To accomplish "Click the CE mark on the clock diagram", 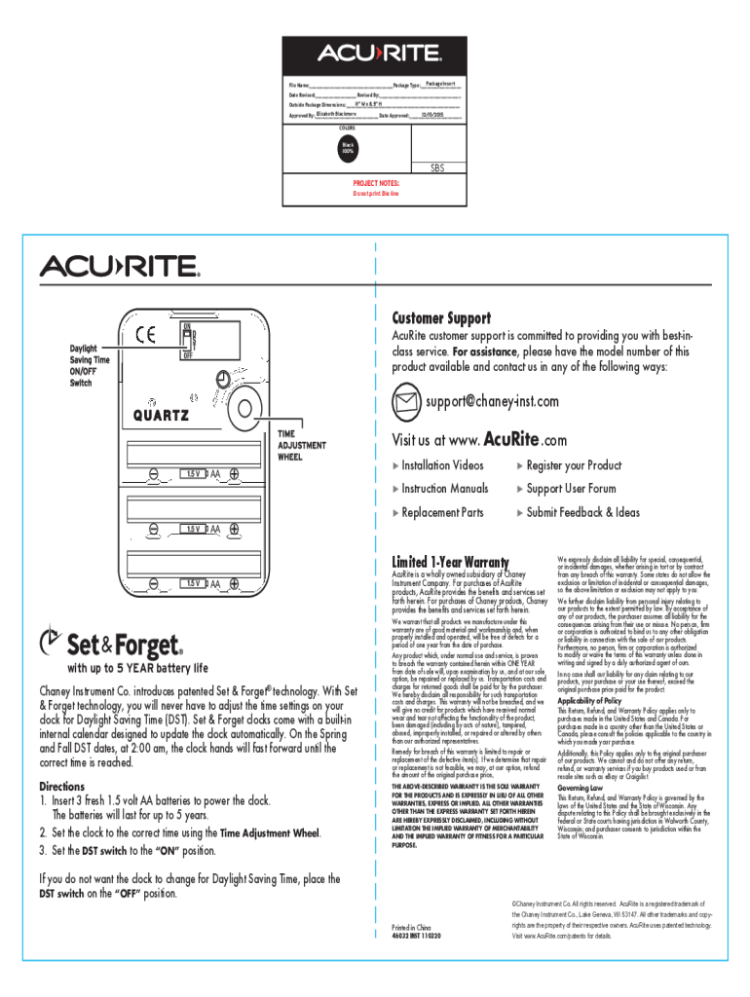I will point(147,335).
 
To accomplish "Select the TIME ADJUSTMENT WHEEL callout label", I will point(302,445).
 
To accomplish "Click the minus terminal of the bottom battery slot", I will point(155,583).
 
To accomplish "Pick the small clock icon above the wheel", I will point(224,379).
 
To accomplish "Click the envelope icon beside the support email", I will point(405,401).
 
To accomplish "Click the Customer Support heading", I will point(440,318).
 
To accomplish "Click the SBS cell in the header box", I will point(436,168).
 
